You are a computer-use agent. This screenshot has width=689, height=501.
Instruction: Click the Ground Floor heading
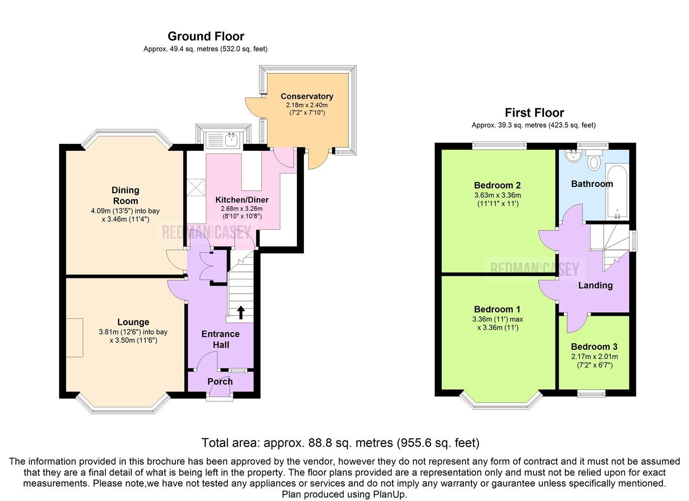(206, 36)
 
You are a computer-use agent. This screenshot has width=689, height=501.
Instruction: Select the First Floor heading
(534, 113)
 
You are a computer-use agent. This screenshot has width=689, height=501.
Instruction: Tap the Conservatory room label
(307, 96)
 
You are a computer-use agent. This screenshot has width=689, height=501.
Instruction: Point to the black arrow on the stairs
(241, 312)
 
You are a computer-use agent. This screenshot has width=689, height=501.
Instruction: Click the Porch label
(220, 381)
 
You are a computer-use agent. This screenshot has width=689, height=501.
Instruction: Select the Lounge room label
(133, 322)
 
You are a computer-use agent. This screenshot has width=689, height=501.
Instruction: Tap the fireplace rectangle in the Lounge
(74, 337)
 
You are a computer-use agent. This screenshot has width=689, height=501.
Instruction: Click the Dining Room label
(125, 195)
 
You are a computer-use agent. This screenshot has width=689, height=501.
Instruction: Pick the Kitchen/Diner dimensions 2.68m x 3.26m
(242, 209)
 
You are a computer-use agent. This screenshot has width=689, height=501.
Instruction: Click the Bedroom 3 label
(594, 347)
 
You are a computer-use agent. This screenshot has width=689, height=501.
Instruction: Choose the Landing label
(595, 285)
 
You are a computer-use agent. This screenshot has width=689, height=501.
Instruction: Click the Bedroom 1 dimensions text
(497, 323)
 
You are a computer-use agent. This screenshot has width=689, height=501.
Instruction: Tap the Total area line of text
(340, 443)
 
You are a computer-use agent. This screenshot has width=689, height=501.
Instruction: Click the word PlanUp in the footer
(389, 494)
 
